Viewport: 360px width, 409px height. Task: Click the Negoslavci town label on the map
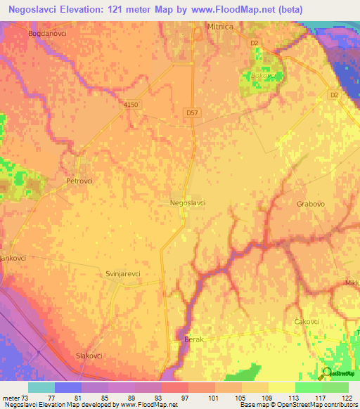188,202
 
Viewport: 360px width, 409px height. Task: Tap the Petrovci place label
79,181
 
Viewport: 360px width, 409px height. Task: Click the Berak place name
193,339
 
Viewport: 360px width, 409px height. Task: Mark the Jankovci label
13,258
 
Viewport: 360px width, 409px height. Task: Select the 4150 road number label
131,104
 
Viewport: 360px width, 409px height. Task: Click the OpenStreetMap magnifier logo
327,372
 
